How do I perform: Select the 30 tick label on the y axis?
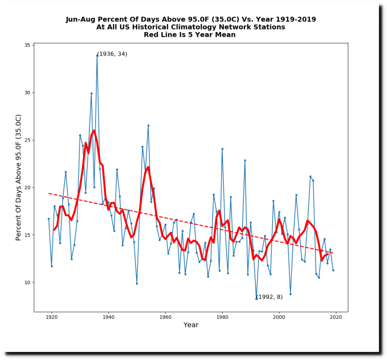pyautogui.click(x=28, y=93)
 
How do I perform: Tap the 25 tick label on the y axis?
pyautogui.click(x=28, y=140)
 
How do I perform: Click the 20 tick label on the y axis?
pyautogui.click(x=28, y=188)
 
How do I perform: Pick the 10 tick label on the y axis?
pyautogui.click(x=28, y=282)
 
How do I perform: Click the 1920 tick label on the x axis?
pyautogui.click(x=51, y=317)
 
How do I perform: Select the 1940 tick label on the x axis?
pyautogui.click(x=108, y=317)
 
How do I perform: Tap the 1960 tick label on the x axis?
pyautogui.click(x=166, y=317)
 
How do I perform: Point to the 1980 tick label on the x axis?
pyautogui.click(x=222, y=317)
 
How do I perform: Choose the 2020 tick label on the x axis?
pyautogui.click(x=336, y=317)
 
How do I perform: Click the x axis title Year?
pyautogui.click(x=191, y=325)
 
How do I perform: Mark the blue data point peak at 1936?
pyautogui.click(x=97, y=55)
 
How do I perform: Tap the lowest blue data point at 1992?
pyautogui.click(x=256, y=299)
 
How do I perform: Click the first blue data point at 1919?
pyautogui.click(x=48, y=219)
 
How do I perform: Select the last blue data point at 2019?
pyautogui.click(x=333, y=270)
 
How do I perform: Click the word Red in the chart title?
pyautogui.click(x=151, y=35)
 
